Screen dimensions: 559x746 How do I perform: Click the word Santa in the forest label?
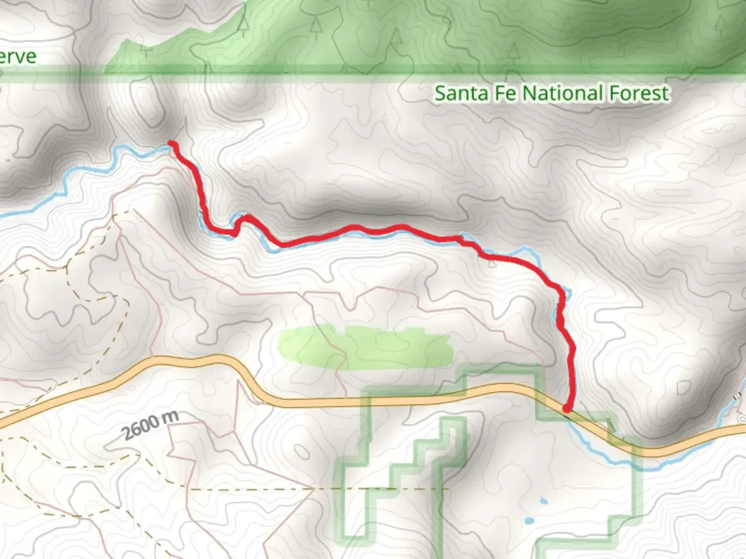(x=461, y=94)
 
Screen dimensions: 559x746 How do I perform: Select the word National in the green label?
(x=562, y=94)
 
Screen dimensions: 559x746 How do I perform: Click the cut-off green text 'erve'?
(x=18, y=56)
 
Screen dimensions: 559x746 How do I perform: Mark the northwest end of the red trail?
(x=171, y=143)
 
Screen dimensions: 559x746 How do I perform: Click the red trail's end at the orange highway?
(x=567, y=409)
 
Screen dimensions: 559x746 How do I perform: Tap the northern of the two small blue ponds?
(x=542, y=501)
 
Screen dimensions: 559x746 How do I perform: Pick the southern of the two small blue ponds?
(x=528, y=521)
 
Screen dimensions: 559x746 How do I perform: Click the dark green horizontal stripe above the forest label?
(x=414, y=70)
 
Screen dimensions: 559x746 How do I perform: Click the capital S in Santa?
(x=440, y=94)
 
